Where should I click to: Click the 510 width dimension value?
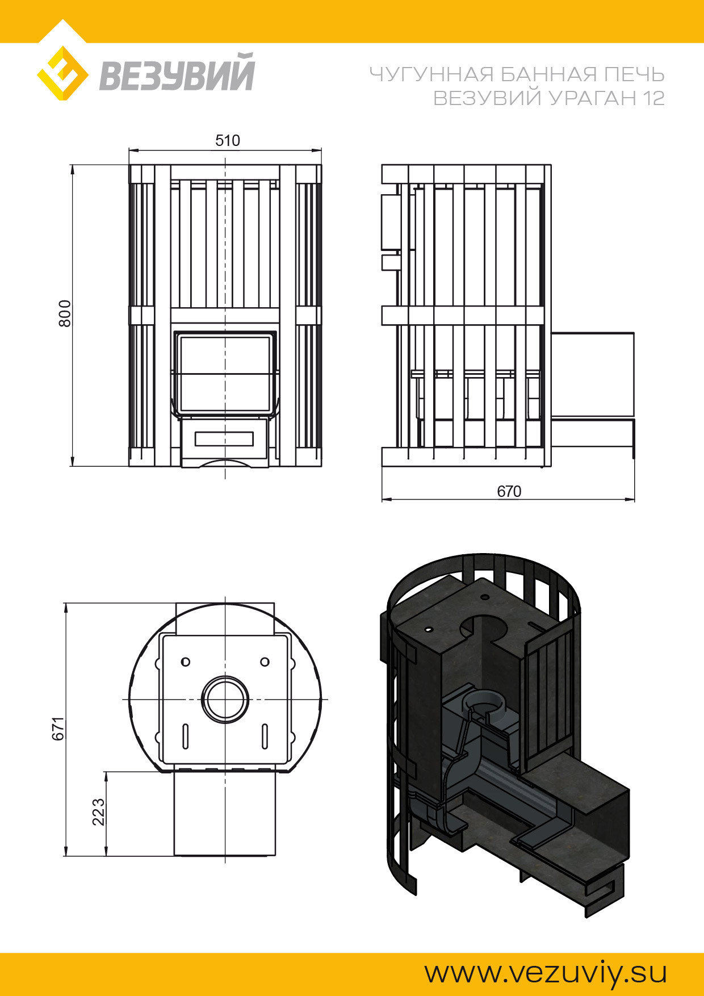coord(228,140)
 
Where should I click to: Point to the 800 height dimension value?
coord(65,313)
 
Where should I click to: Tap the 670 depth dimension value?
coord(509,491)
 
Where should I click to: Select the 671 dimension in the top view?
coord(58,729)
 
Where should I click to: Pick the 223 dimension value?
coord(98,812)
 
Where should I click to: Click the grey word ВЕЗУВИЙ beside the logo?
coord(177,72)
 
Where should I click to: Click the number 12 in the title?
coord(653,98)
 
